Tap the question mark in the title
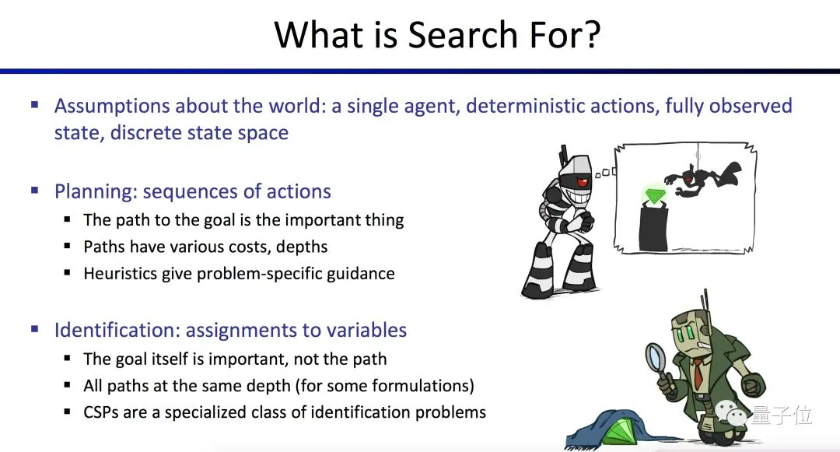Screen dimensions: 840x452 [x=592, y=35]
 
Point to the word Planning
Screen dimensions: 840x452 [x=96, y=192]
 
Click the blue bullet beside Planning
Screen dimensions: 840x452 [x=35, y=190]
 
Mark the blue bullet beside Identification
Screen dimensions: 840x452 [x=35, y=329]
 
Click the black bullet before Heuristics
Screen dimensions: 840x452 [x=67, y=272]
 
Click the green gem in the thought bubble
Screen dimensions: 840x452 [x=653, y=195]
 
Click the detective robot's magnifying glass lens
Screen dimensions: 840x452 [x=655, y=357]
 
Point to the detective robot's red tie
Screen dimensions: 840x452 [x=698, y=373]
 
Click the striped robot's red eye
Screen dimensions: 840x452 [x=583, y=183]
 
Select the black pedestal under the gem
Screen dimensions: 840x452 [x=653, y=229]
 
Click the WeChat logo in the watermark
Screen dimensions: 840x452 [x=732, y=413]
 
